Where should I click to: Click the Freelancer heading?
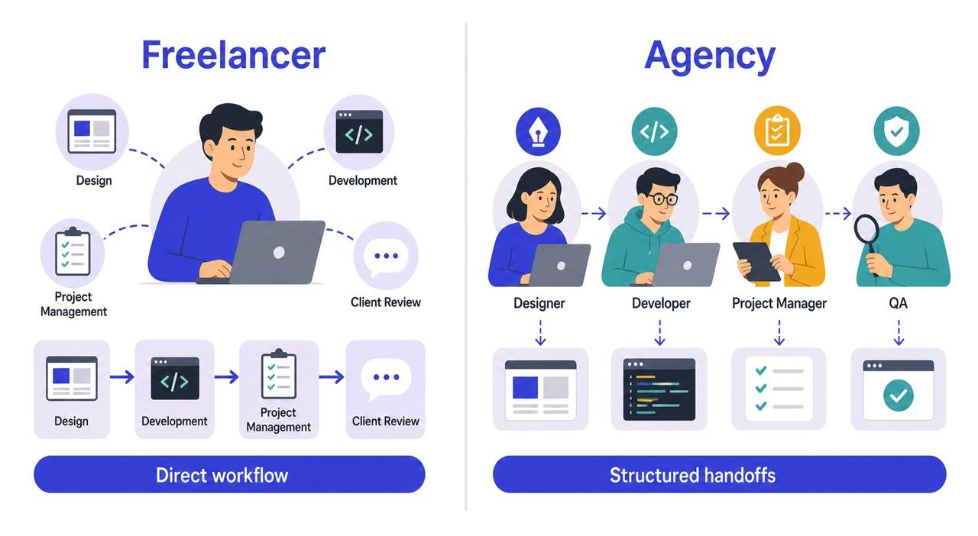(234, 55)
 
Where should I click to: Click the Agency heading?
(710, 57)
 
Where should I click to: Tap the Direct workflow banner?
(229, 474)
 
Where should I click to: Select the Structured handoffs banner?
(720, 474)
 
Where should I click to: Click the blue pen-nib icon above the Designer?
(538, 131)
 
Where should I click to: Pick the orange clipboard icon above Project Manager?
(777, 130)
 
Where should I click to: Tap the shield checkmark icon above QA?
(897, 131)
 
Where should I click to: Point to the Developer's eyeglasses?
(662, 199)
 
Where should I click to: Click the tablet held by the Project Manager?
(756, 261)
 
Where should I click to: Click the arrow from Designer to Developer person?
(594, 214)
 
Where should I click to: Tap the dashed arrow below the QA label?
(899, 333)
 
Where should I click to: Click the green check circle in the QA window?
(898, 396)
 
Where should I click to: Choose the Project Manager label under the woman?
(779, 303)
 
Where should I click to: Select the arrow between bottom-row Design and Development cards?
(122, 376)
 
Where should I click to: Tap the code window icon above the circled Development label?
(359, 131)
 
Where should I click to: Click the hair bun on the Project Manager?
(795, 172)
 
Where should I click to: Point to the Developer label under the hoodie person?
(661, 303)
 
